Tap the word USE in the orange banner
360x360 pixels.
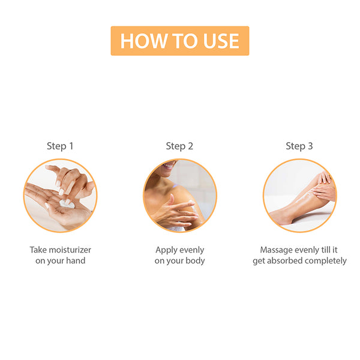click(x=221, y=41)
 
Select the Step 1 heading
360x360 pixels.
click(x=60, y=146)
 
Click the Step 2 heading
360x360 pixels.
click(x=179, y=146)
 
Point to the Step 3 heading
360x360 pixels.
click(x=299, y=146)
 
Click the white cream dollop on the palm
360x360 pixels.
click(x=67, y=204)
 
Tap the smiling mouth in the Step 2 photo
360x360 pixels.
click(x=169, y=165)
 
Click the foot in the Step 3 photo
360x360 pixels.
click(x=281, y=218)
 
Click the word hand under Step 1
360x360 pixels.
click(x=76, y=260)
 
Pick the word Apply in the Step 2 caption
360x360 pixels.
click(x=164, y=250)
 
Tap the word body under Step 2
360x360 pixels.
click(x=195, y=261)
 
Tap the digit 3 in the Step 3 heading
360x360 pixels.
click(x=310, y=146)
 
